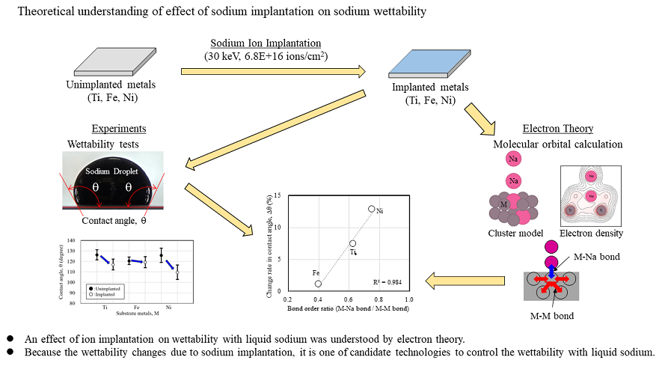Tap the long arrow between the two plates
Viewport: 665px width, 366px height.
[x=273, y=72]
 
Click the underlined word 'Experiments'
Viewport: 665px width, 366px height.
[x=119, y=129]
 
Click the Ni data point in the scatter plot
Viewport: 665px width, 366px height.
[x=371, y=209]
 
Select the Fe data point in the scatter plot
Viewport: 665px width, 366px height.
[x=318, y=284]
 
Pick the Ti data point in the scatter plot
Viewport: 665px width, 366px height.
[x=352, y=243]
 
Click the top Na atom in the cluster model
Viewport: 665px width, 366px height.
[x=513, y=159]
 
